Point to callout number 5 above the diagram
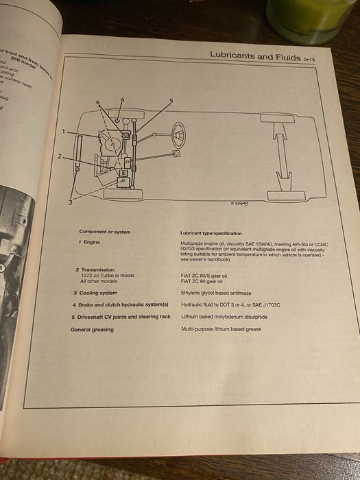pos(171,101)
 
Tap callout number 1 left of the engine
pos(64,130)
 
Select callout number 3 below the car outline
pos(70,202)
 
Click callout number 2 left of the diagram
pos(60,156)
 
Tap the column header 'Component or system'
pos(102,232)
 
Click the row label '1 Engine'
pos(89,243)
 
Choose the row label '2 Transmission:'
pos(95,269)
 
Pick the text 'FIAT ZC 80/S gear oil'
pos(206,276)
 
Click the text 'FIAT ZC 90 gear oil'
pos(204,281)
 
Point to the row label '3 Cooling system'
pos(95,293)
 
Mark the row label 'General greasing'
pos(92,329)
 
